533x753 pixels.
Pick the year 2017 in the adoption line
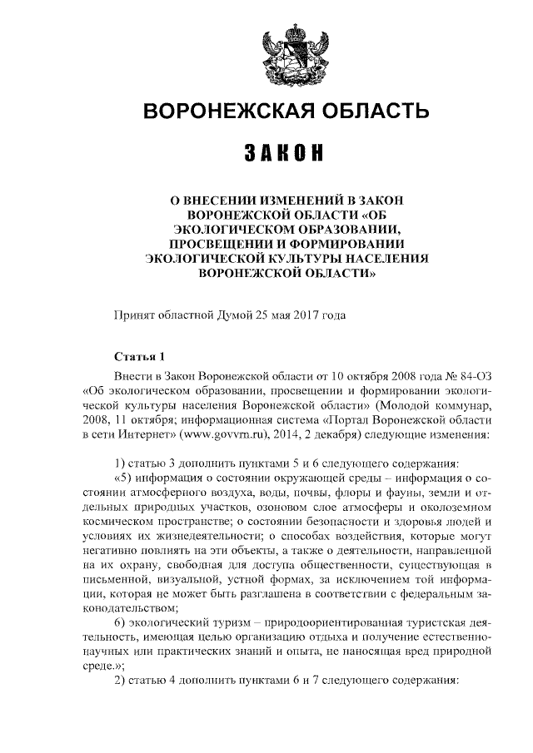click(x=298, y=315)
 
